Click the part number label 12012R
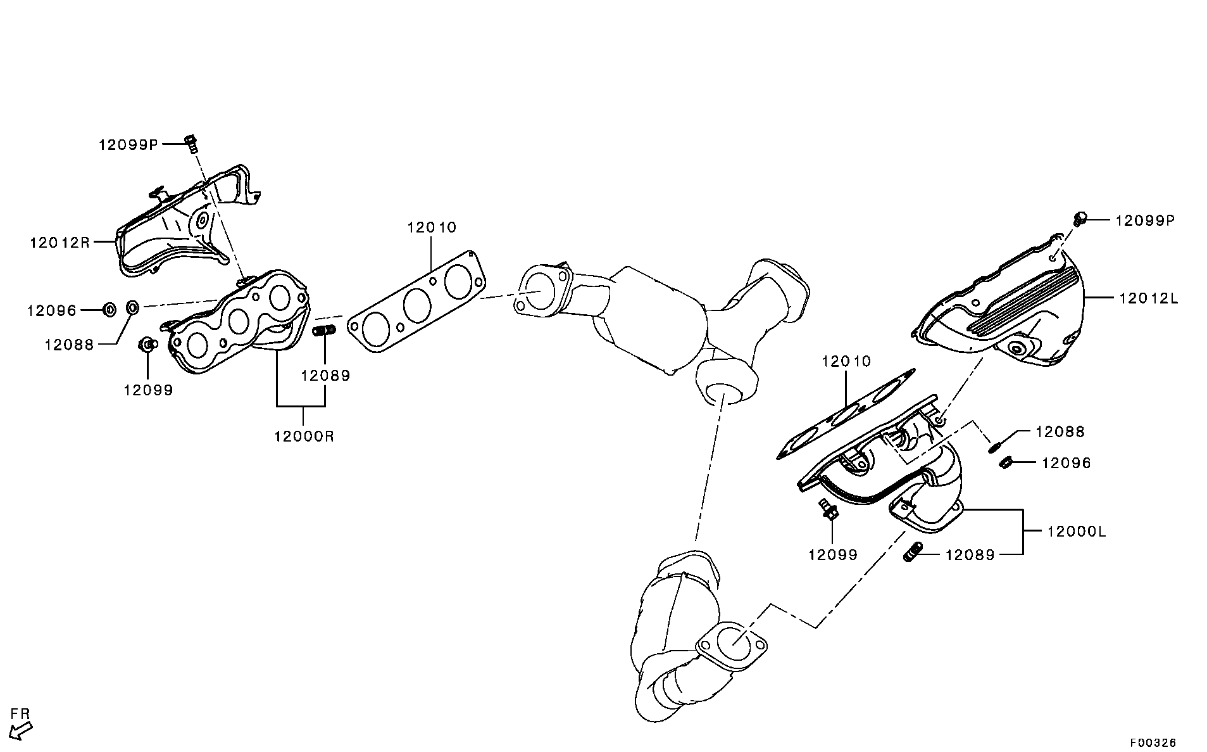tap(59, 242)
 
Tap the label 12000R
tap(304, 437)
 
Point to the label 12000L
tap(1077, 532)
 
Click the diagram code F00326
tap(1154, 742)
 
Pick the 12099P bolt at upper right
tap(1080, 219)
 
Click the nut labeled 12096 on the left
tap(109, 310)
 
